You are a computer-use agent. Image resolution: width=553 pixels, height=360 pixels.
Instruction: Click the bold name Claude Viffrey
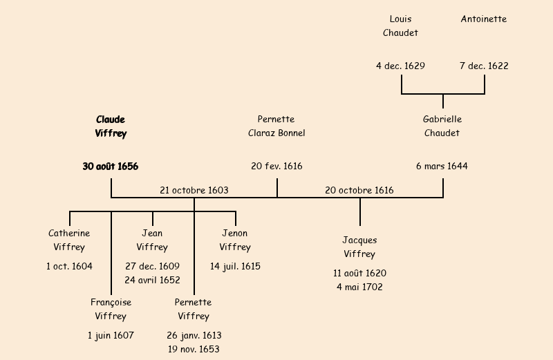click(x=111, y=126)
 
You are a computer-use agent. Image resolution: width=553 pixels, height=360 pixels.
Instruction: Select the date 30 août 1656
click(x=111, y=167)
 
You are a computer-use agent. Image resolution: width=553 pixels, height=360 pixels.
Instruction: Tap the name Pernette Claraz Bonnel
click(x=276, y=126)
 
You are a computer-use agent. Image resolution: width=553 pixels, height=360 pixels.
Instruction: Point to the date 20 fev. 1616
click(x=276, y=167)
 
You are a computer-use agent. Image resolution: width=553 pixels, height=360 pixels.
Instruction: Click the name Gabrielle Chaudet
click(x=442, y=126)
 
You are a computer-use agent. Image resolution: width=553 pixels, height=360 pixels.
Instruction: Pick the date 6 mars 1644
click(x=442, y=167)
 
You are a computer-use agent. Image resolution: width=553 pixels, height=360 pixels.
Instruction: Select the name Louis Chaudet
click(x=401, y=26)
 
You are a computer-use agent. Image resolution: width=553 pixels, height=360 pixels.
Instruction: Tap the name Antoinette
click(x=484, y=19)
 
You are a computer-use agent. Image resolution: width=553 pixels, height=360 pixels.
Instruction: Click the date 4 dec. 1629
click(x=401, y=66)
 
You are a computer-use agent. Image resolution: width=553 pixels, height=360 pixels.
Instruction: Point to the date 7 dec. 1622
click(x=484, y=66)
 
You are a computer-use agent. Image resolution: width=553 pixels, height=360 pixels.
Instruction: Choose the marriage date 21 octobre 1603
click(x=194, y=190)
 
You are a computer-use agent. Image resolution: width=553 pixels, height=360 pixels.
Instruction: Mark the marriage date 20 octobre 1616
click(x=359, y=190)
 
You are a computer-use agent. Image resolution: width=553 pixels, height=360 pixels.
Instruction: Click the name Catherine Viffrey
click(x=69, y=240)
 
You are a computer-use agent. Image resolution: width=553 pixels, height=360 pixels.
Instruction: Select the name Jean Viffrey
click(x=152, y=240)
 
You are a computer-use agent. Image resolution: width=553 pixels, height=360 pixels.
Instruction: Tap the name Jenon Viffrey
click(x=235, y=240)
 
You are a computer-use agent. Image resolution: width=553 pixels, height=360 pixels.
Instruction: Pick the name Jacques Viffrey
click(x=359, y=247)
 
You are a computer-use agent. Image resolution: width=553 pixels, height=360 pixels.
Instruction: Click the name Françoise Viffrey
click(x=111, y=310)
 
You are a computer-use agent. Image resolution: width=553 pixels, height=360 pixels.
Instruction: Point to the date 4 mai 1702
click(x=359, y=287)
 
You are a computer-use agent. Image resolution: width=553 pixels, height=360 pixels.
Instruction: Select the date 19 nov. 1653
click(x=194, y=350)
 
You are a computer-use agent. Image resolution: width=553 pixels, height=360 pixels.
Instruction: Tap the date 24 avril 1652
click(x=152, y=281)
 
